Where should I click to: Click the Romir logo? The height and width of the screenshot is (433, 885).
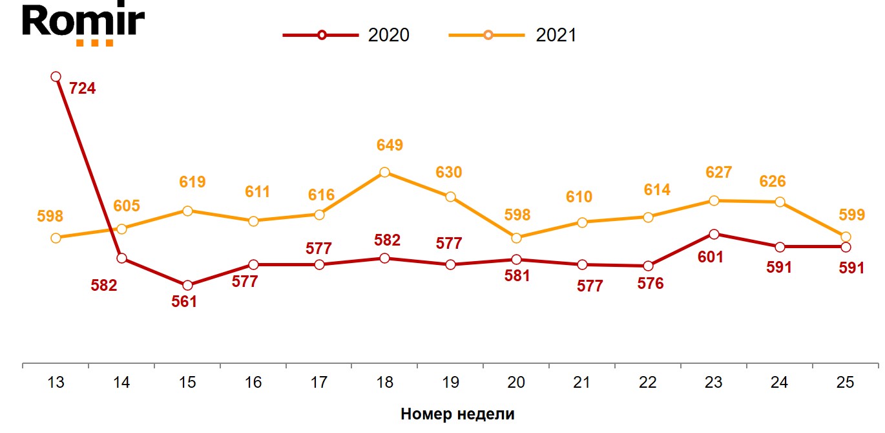tap(84, 25)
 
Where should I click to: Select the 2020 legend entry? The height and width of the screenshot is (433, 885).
tap(346, 35)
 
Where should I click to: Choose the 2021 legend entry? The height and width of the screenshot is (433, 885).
tap(513, 35)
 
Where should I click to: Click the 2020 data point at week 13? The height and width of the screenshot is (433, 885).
tap(56, 77)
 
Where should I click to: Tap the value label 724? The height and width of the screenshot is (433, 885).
tap(82, 89)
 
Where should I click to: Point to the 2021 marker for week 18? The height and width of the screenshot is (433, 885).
tap(384, 172)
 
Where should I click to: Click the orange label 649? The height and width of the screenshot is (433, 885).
tap(390, 145)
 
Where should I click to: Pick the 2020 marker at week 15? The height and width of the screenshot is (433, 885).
tap(187, 285)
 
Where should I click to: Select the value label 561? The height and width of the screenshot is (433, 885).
tap(184, 302)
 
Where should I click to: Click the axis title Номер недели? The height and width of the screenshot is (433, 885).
tap(457, 414)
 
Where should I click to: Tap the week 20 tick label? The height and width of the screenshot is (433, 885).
tap(516, 383)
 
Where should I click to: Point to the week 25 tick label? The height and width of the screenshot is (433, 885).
tap(845, 383)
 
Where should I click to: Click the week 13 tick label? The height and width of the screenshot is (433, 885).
tap(56, 383)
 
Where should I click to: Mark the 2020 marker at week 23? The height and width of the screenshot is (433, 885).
tap(714, 234)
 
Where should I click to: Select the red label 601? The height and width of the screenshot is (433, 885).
tap(711, 257)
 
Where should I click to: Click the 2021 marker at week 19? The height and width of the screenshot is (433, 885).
tap(450, 196)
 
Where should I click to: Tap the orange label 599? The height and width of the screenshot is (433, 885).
tap(851, 215)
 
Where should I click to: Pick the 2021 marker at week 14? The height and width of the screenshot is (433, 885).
tap(121, 228)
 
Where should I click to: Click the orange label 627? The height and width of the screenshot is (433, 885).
tap(719, 173)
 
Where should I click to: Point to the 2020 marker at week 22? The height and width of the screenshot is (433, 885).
tap(648, 266)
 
